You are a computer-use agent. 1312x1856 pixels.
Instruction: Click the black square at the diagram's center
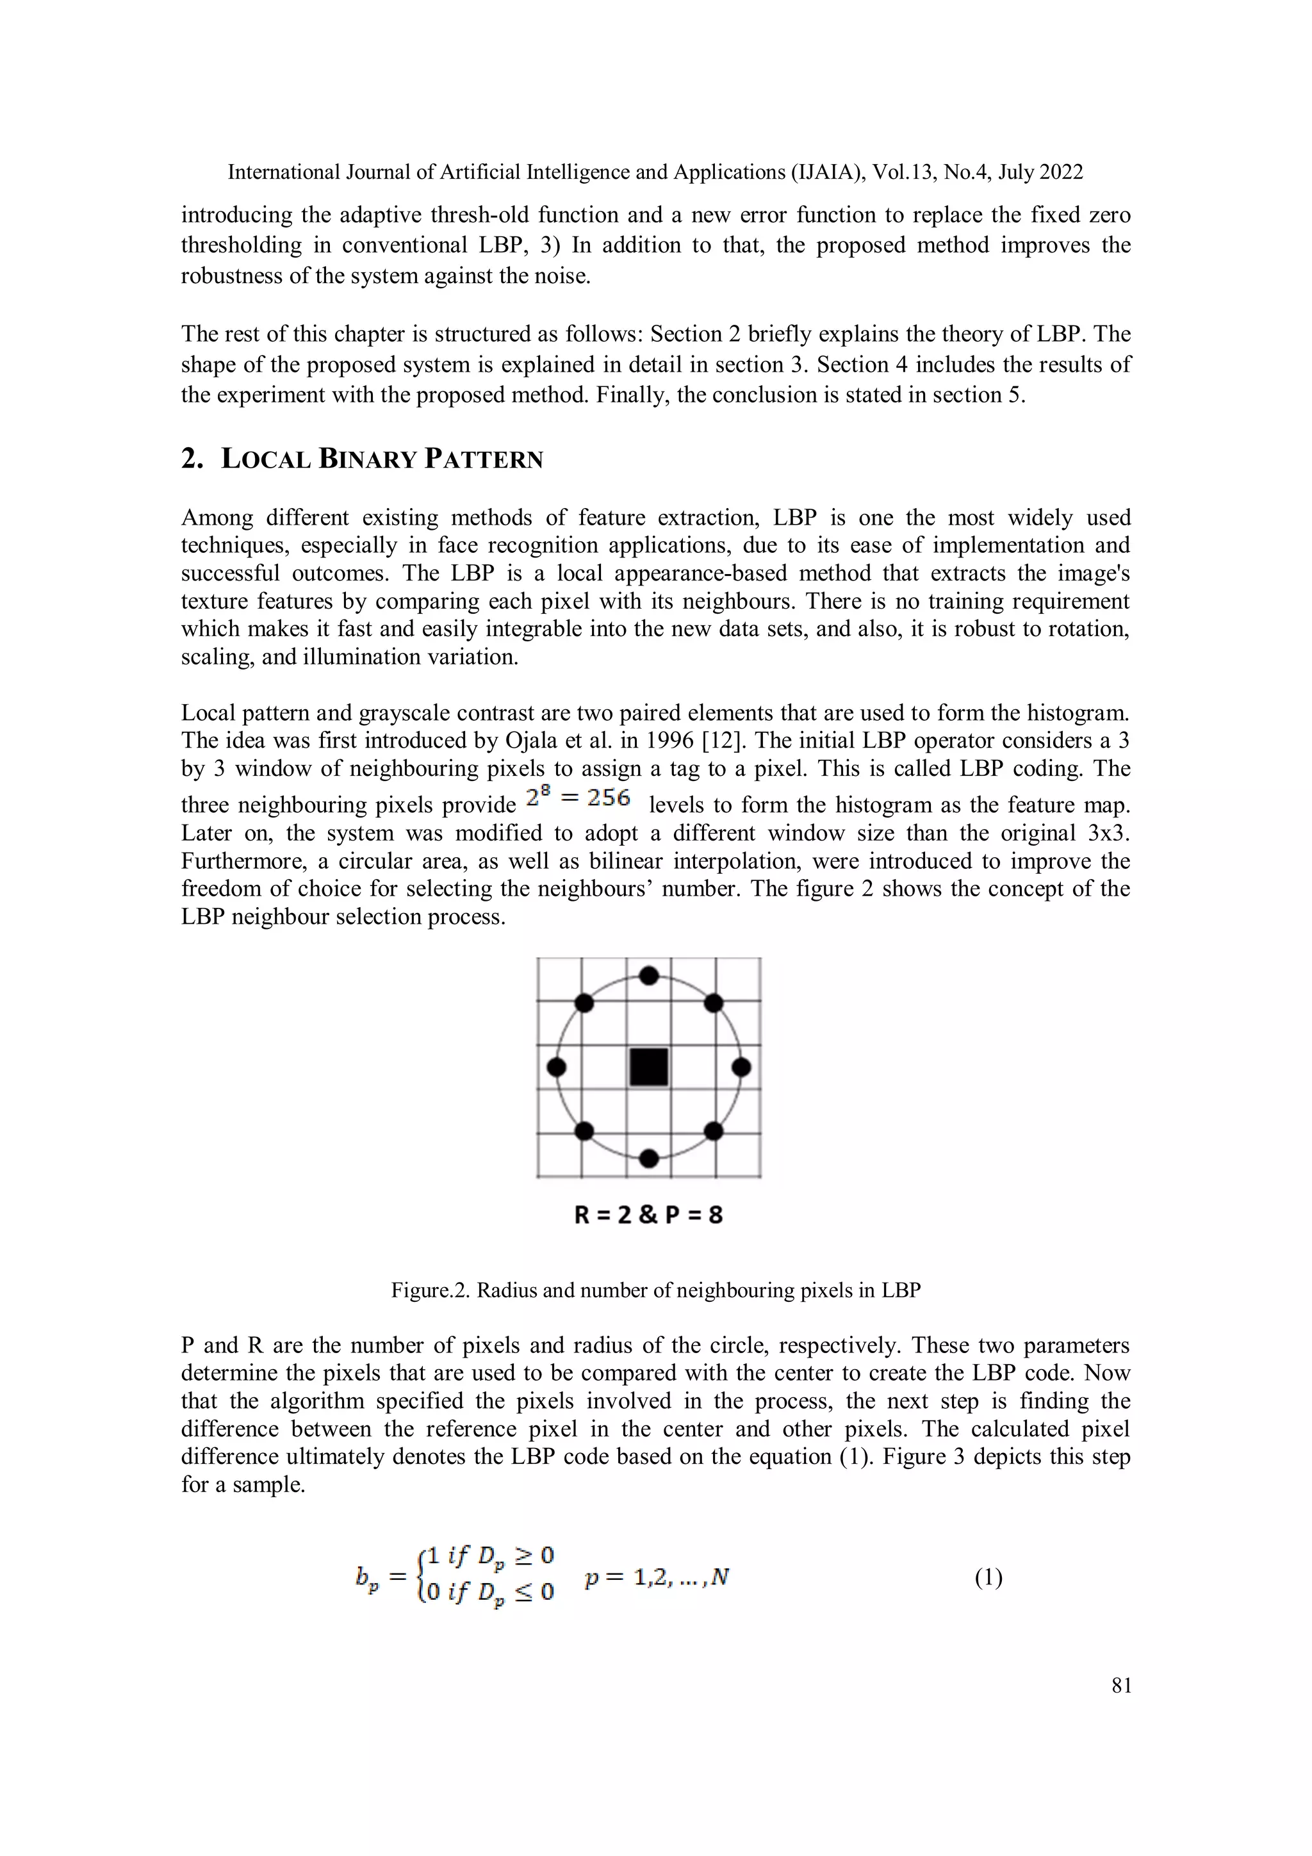648,1067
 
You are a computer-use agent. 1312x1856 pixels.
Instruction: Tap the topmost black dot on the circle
648,976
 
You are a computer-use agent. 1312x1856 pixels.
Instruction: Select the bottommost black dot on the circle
648,1158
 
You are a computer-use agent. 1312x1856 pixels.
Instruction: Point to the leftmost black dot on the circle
556,1067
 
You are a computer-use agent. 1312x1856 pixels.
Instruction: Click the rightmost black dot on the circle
741,1067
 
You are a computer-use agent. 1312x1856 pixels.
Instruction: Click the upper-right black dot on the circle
713,1003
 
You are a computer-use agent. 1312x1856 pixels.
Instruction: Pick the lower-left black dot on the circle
584,1131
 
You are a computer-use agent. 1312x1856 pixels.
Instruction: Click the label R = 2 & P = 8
648,1215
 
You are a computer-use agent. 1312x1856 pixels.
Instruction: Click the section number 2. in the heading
192,459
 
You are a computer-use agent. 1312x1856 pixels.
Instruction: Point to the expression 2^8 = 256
577,799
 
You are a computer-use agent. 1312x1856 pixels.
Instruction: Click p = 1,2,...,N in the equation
657,1577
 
